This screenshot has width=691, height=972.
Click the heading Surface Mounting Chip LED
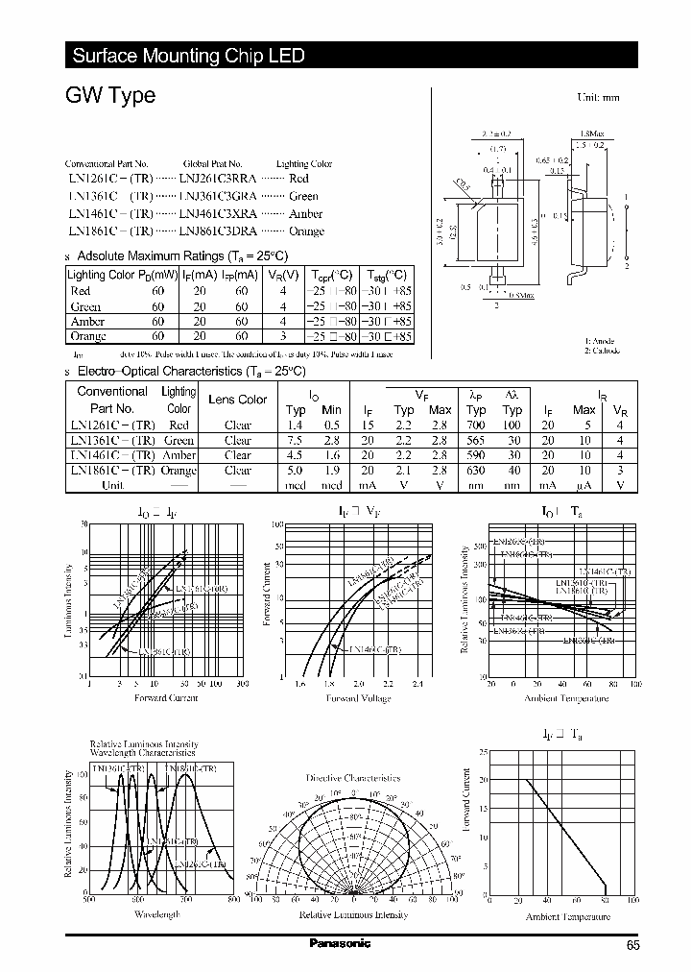(x=189, y=56)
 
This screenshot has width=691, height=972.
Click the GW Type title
(x=110, y=97)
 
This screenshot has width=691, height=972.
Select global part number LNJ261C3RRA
(x=217, y=179)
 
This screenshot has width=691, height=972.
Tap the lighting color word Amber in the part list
(x=305, y=214)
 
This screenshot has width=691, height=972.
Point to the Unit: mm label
(x=598, y=98)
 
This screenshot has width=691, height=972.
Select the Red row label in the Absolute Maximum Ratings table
(x=81, y=291)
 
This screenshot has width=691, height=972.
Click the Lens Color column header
(x=238, y=400)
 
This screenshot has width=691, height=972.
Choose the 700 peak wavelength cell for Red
(x=476, y=424)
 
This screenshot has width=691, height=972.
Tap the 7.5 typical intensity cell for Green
(x=295, y=440)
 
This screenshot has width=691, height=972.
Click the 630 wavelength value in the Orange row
(x=476, y=471)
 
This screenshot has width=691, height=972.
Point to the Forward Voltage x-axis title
(x=359, y=698)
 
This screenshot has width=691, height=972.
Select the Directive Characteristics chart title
(x=353, y=777)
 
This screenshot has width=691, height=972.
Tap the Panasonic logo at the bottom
(x=339, y=943)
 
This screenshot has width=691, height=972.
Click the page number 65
(x=632, y=946)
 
